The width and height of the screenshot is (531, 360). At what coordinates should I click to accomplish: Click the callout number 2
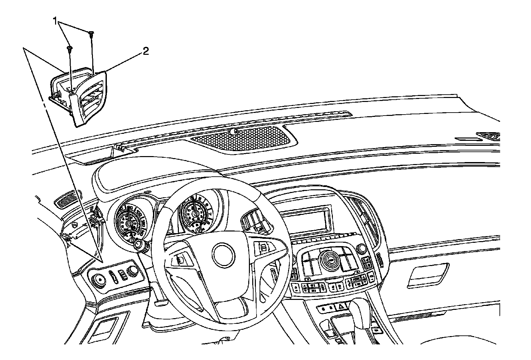pyautogui.click(x=145, y=51)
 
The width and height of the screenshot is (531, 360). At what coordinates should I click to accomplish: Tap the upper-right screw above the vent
pyautogui.click(x=91, y=33)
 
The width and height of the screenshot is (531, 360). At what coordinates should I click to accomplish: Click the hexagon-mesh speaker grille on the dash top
pyautogui.click(x=241, y=137)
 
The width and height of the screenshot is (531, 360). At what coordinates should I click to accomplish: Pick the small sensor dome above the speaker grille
pyautogui.click(x=234, y=131)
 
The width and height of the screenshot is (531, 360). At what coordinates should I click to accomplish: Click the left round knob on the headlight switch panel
pyautogui.click(x=99, y=281)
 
